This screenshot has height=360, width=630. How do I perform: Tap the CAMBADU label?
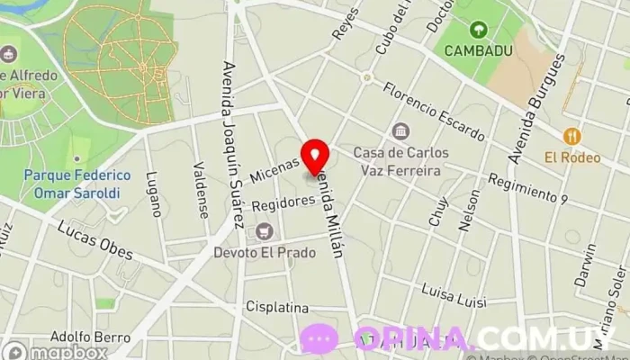coord(477,51)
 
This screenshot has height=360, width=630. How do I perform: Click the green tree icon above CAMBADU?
coord(477,30)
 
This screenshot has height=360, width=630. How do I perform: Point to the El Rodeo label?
coord(572,158)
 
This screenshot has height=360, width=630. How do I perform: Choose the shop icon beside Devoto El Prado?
coord(264,232)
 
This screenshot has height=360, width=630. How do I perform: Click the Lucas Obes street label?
coord(95,241)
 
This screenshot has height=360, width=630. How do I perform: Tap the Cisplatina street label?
coord(277,307)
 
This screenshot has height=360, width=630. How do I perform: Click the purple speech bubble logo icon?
coord(319,339)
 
